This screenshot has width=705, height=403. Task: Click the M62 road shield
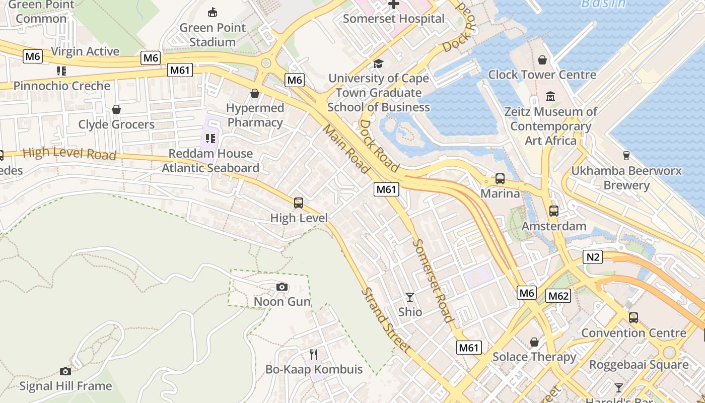(558, 296)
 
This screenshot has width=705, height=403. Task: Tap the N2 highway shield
(593, 257)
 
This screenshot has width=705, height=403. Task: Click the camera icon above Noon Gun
(282, 287)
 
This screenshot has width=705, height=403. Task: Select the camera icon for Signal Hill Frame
(65, 371)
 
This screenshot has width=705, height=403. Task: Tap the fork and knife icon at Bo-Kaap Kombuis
(313, 354)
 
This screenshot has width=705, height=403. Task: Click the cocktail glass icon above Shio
(410, 297)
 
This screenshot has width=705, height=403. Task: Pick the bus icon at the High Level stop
(299, 203)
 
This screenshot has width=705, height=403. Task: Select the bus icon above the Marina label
(500, 179)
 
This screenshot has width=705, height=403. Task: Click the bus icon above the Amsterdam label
(554, 211)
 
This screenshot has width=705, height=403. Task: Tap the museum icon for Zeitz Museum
(550, 96)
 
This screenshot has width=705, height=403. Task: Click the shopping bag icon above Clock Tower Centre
(542, 60)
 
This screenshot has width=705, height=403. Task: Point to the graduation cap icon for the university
(378, 63)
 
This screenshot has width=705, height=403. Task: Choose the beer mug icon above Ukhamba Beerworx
(626, 155)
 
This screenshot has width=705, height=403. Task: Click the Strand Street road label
(386, 320)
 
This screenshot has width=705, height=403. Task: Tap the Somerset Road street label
(433, 280)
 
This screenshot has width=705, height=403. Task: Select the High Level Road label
(69, 153)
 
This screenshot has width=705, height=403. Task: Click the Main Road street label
(346, 149)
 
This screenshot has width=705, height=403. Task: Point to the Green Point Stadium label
(213, 35)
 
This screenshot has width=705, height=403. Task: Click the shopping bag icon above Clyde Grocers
(116, 109)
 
